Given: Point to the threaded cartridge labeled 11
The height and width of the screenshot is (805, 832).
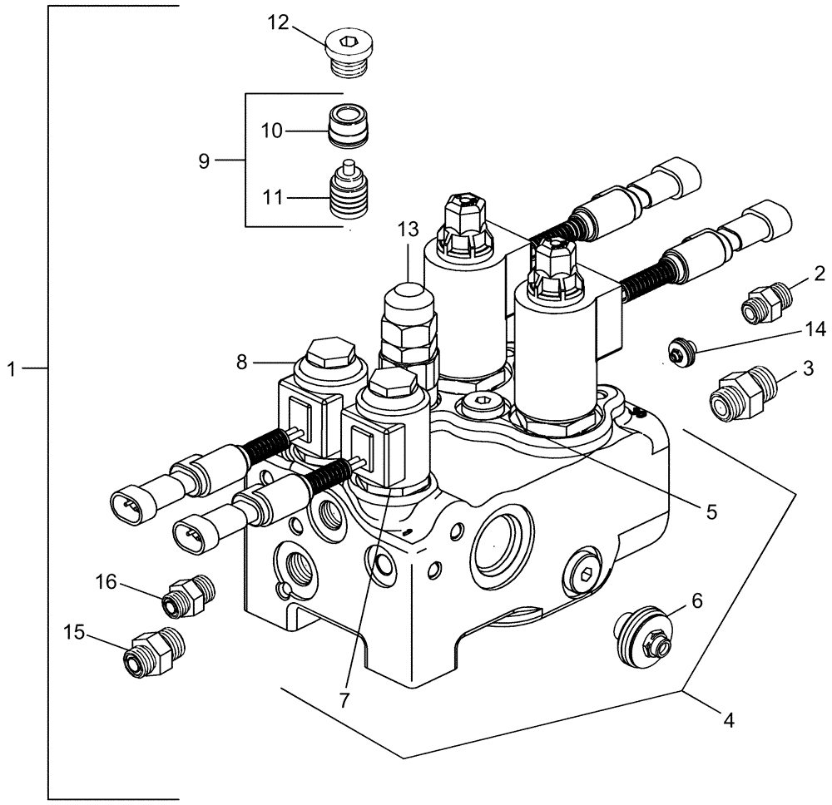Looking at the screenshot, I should coord(349,196).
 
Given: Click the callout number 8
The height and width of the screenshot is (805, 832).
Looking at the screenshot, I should coord(241,362).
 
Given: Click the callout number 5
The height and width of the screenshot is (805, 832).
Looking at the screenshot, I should coord(710,511).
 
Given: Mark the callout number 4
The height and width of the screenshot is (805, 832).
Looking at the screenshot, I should coord(728,721).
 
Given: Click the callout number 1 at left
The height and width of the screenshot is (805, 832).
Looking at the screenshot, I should coord(12,368).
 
